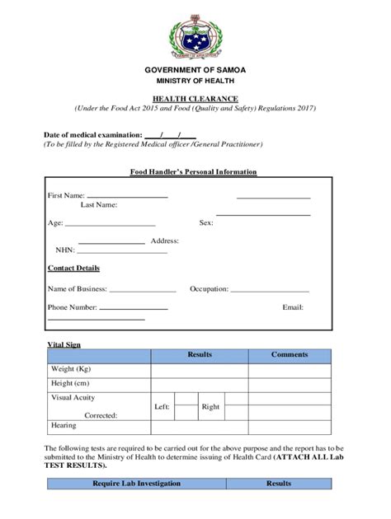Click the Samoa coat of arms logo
coord(195,36)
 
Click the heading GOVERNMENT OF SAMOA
coord(195,70)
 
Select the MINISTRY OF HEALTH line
coord(195,81)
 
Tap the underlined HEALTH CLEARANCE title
coord(195,98)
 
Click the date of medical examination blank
coord(170,134)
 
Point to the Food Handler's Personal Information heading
coord(194,172)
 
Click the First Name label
coord(66,195)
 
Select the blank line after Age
coord(110,223)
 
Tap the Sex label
coord(206,222)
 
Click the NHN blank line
coord(122,250)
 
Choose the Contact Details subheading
coord(73,268)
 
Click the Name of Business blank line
coord(143,290)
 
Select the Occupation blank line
coord(270,290)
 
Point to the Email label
coord(293,307)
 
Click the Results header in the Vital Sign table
coord(200,355)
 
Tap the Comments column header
coord(290,355)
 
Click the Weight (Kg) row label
coord(71,369)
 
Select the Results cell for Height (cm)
coord(200,384)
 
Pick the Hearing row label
coord(64,426)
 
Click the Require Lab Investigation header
coord(136,484)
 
